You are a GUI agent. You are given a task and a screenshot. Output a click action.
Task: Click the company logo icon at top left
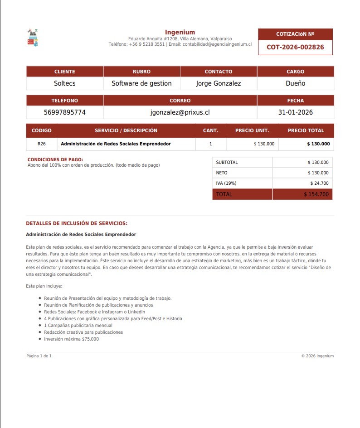pos(33,38)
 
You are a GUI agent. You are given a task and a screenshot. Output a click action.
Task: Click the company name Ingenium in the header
pos(180,32)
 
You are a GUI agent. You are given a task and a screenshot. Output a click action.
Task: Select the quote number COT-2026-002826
pos(295,47)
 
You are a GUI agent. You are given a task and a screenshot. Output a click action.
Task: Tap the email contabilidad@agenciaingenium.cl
pos(217,44)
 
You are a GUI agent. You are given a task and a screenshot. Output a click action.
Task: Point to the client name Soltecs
pos(65,83)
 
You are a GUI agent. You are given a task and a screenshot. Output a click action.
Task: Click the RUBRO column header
pos(141,72)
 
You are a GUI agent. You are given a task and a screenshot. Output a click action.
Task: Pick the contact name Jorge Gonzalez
pos(219,83)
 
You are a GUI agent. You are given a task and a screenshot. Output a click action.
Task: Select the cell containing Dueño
pos(296,83)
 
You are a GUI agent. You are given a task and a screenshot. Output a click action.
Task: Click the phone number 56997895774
pos(65,112)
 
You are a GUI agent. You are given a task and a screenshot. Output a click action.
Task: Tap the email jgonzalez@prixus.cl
pos(180,112)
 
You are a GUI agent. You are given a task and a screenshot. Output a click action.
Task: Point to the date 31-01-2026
pos(296,112)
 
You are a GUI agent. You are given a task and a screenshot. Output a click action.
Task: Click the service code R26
pos(42,144)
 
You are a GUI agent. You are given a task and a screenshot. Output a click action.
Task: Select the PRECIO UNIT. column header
pos(252,130)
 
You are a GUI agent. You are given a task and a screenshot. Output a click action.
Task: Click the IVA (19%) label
pos(226,183)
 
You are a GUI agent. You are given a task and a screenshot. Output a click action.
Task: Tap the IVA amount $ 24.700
pos(319,183)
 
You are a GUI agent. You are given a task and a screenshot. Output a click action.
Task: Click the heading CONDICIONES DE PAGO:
pos(55,160)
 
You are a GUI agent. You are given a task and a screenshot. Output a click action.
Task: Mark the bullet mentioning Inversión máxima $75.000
pos(71,339)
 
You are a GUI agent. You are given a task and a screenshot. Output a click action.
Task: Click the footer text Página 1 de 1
pos(39,356)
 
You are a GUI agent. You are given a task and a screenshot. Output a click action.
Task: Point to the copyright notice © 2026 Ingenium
pos(317,356)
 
